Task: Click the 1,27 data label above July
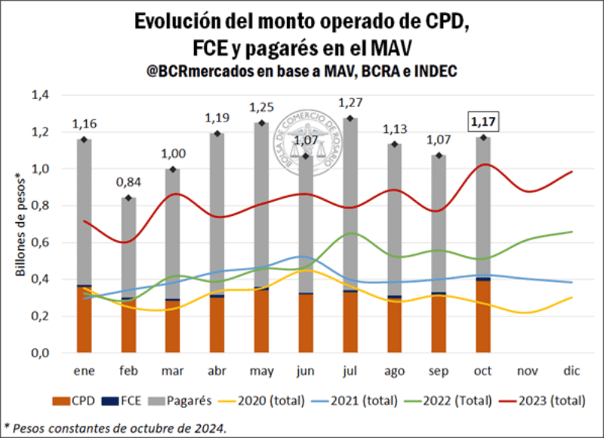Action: pyautogui.click(x=350, y=103)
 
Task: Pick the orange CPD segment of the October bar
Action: pyautogui.click(x=482, y=317)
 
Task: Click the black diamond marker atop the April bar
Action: pyautogui.click(x=217, y=134)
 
